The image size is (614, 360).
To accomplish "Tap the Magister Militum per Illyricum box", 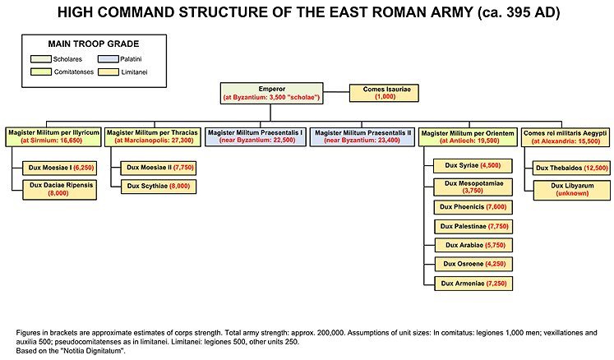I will pos(53,136).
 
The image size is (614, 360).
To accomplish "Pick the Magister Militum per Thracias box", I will pos(153,136).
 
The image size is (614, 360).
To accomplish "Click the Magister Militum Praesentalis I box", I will pos(256,136).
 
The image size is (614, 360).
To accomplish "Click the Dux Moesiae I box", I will pos(62,167).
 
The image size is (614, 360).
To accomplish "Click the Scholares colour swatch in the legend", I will pos(39,59).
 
